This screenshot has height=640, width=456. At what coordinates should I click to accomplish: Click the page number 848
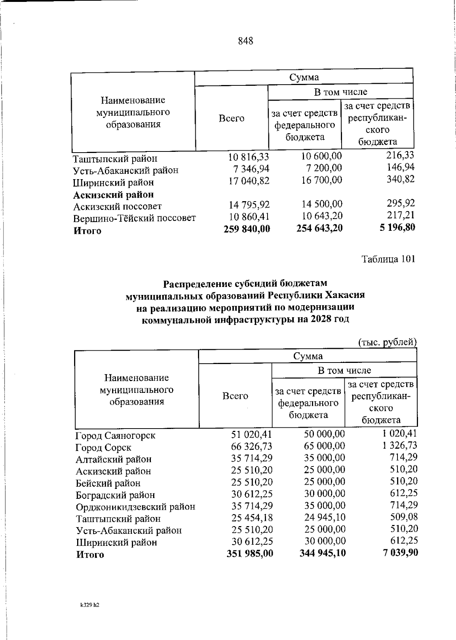click(245, 41)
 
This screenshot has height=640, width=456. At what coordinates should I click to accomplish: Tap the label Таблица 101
click(388, 259)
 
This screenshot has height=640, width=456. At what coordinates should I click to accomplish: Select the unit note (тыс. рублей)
click(388, 342)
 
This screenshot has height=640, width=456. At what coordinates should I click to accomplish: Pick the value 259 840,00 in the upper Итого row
click(247, 229)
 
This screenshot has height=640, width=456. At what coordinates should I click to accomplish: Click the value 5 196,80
click(396, 227)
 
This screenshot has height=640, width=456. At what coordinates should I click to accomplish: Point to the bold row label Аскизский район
click(113, 195)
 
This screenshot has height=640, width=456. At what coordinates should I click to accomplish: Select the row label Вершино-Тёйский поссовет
click(135, 218)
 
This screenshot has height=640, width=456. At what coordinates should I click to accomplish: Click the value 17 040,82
click(249, 181)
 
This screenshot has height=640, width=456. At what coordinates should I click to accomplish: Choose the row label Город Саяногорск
click(116, 435)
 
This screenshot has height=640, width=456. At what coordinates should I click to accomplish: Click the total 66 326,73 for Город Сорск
click(252, 447)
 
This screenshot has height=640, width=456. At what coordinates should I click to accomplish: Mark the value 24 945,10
click(325, 518)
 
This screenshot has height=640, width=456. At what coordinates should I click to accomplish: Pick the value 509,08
click(404, 517)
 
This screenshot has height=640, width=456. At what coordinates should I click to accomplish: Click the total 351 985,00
click(250, 553)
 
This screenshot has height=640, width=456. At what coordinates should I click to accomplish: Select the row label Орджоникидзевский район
click(136, 507)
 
